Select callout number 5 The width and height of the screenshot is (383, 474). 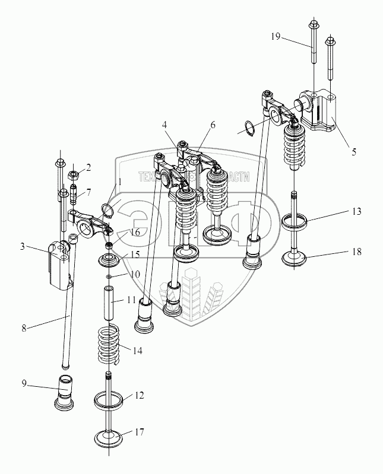coord(354,151)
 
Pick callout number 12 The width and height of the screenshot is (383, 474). coord(138,395)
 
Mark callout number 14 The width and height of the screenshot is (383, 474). coord(137,351)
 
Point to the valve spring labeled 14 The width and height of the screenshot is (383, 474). coord(110,345)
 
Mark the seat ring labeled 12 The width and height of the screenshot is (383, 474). coord(110,402)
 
